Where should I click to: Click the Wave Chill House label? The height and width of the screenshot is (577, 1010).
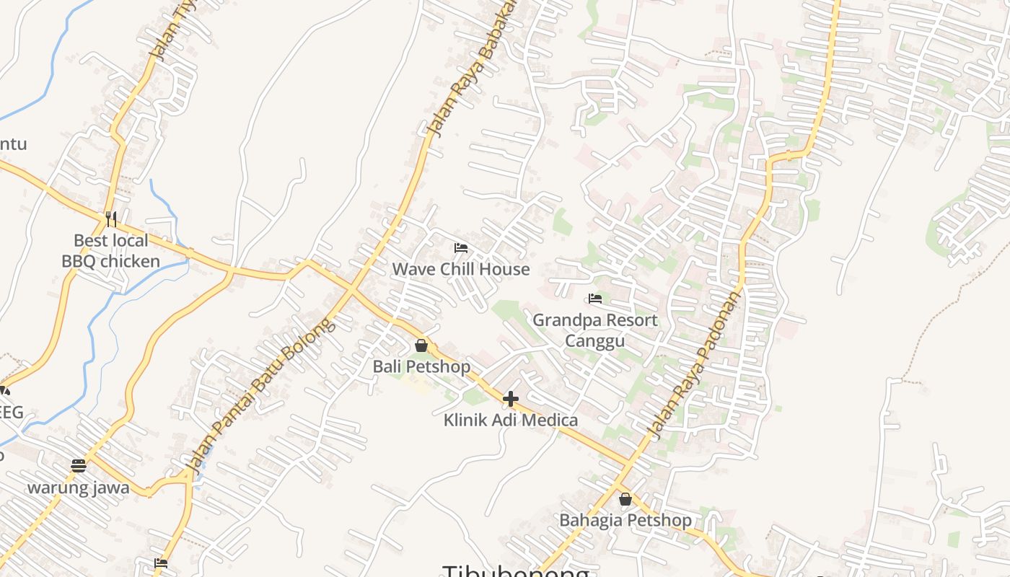(x=460, y=269)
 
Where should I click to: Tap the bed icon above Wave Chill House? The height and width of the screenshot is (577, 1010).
(x=461, y=248)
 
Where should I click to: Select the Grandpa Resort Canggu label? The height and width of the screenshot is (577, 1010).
(x=594, y=330)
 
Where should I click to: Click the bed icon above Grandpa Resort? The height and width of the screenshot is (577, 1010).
(x=595, y=298)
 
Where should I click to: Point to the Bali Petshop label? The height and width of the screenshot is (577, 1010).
(x=421, y=366)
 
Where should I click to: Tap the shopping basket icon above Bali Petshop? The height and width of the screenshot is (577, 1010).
(x=421, y=346)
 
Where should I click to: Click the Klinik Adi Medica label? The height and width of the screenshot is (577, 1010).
(x=510, y=420)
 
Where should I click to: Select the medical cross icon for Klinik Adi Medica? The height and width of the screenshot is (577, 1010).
(x=511, y=398)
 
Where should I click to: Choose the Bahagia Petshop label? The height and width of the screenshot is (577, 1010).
(x=625, y=520)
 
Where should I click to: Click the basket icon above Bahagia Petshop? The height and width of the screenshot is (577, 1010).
(x=625, y=499)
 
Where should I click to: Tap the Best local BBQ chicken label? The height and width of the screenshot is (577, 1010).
(x=110, y=250)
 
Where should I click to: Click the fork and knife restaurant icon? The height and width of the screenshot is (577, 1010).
(x=111, y=219)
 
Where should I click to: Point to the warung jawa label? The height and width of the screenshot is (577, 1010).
(x=79, y=488)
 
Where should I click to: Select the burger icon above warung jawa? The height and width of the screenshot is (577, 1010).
(x=79, y=466)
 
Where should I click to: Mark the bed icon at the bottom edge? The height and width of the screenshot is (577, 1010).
(x=161, y=563)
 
